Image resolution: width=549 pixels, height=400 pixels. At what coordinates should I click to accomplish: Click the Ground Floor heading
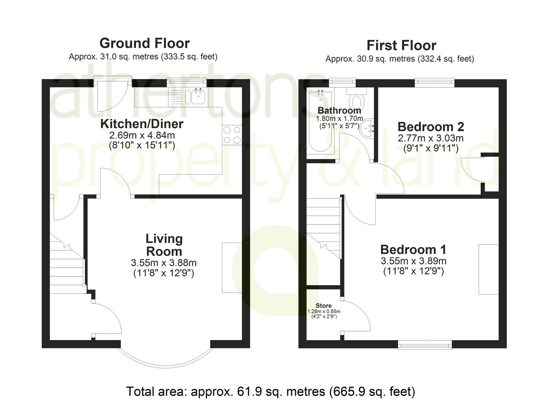[145, 43]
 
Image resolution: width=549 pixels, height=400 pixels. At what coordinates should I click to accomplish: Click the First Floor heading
[401, 46]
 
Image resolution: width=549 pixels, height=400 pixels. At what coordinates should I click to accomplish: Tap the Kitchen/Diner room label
[142, 124]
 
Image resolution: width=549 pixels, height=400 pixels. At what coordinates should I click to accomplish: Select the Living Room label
[164, 245]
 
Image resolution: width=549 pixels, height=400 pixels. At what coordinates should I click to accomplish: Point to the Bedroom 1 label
[413, 249]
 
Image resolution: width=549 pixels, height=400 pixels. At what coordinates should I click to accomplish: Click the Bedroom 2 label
[431, 127]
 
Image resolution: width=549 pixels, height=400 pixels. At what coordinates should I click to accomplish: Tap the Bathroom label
[339, 110]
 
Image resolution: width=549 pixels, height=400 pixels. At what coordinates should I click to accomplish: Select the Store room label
[323, 306]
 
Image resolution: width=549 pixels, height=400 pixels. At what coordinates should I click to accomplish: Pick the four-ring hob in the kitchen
[232, 135]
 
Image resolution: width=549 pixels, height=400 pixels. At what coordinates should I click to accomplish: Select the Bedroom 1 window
[425, 345]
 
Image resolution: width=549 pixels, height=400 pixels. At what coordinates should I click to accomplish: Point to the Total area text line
[271, 391]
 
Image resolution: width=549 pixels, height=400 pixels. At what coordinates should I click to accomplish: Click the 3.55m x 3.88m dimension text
[163, 263]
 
